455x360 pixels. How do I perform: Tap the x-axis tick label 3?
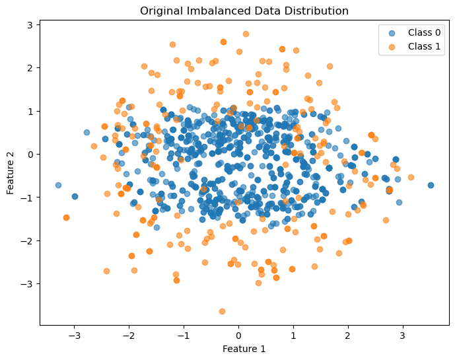click(x=403, y=336)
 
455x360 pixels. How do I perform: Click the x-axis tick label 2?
click(x=348, y=336)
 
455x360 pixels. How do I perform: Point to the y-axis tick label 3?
click(x=29, y=25)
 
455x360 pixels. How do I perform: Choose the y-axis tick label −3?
click(x=26, y=284)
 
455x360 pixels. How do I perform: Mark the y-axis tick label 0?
click(x=29, y=155)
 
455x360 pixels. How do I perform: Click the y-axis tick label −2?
click(x=26, y=241)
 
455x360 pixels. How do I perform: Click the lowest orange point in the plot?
click(x=222, y=311)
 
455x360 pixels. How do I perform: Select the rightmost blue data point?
click(x=431, y=185)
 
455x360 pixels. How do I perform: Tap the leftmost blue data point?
click(x=58, y=185)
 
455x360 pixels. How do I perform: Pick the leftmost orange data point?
click(x=66, y=217)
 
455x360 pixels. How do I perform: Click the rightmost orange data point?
click(x=411, y=177)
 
